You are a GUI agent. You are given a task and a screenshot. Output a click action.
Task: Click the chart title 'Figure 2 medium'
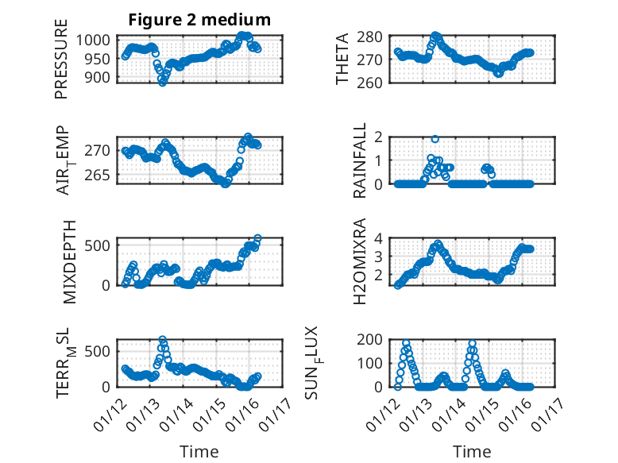(199, 20)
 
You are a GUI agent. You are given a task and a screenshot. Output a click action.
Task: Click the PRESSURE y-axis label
(62, 60)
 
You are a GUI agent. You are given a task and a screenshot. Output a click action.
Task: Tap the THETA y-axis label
(342, 60)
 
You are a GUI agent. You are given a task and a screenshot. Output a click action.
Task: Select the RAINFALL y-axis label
(360, 160)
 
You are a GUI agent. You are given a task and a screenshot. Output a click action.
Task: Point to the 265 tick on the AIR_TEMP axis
(102, 175)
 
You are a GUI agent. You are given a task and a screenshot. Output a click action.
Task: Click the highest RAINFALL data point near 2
(435, 139)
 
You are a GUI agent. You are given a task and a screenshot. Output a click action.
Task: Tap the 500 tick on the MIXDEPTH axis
(102, 244)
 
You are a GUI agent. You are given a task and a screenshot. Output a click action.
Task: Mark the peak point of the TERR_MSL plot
(162, 340)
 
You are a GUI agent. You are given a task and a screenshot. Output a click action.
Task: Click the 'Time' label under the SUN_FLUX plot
(472, 452)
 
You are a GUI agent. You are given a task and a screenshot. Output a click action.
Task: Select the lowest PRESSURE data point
(163, 82)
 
